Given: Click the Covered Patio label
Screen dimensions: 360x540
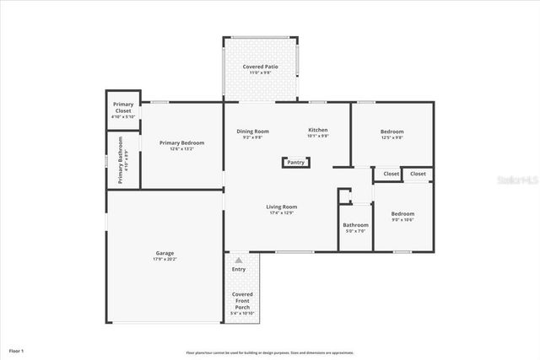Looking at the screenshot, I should coord(261,69).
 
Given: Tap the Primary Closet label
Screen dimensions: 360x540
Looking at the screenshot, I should coord(123,110).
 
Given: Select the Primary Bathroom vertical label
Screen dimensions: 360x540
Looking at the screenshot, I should coord(121,160).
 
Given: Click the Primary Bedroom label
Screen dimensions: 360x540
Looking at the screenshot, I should coord(181,145).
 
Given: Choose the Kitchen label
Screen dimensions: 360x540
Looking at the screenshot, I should coord(317,132).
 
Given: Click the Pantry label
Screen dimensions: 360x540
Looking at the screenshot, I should coord(295,163).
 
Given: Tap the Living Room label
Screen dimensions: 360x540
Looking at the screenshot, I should coord(282,208).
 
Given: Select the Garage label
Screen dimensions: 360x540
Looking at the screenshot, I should coord(165,255).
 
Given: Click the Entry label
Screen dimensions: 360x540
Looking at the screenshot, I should coord(239,269).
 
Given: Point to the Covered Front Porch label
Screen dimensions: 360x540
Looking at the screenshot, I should coord(242,303).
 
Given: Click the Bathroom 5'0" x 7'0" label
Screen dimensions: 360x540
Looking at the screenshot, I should coord(355,227).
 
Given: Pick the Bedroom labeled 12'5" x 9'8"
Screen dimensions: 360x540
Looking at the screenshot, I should coord(391,133).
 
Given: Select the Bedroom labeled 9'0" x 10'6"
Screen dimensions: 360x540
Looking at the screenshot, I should coord(402,216).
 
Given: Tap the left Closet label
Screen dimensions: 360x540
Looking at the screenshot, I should coord(391,174).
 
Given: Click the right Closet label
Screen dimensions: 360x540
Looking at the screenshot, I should coord(418,174).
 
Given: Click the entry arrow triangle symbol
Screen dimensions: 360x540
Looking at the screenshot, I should coord(239,261).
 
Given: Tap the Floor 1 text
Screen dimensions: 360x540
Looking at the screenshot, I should coord(17,350).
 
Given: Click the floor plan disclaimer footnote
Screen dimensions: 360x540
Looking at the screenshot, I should coord(269,352).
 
